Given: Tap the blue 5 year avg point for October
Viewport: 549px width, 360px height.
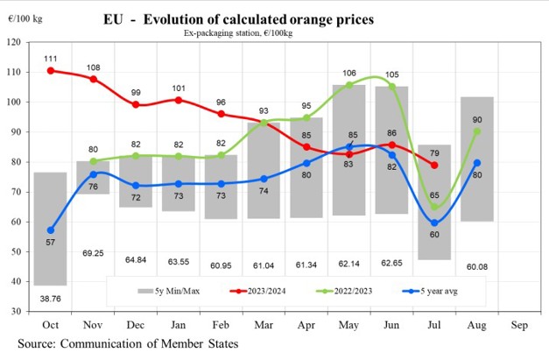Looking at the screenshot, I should coord(51,230).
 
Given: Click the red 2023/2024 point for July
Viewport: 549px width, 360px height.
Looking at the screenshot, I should coord(434,165).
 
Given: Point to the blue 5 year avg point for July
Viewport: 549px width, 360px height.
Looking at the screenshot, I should coord(434,222).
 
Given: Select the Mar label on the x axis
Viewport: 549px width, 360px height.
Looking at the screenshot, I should coord(264,324).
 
